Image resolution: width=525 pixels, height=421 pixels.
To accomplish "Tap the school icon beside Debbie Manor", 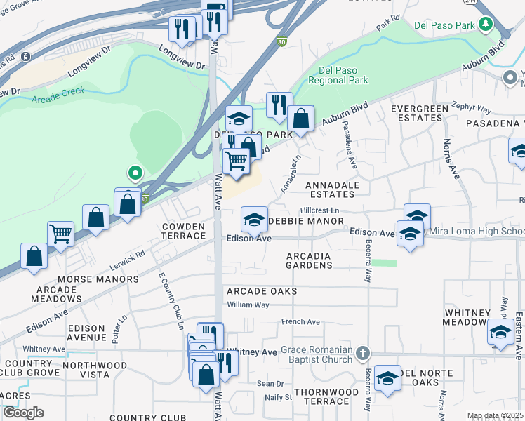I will [x=254, y=220].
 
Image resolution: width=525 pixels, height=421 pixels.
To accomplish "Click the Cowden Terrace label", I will [x=183, y=231].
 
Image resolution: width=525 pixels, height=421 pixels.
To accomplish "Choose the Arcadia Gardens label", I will [x=310, y=260].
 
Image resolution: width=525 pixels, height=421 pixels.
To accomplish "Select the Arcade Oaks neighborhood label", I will [x=262, y=291].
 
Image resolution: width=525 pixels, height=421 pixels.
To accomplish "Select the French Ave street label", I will [x=300, y=322].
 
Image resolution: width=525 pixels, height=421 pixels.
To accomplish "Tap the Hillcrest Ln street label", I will [x=319, y=210].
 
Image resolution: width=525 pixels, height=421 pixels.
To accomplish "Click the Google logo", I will [x=23, y=413].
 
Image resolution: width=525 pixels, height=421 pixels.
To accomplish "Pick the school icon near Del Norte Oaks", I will [x=387, y=378].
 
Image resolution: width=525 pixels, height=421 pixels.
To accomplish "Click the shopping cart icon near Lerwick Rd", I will [x=61, y=233].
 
